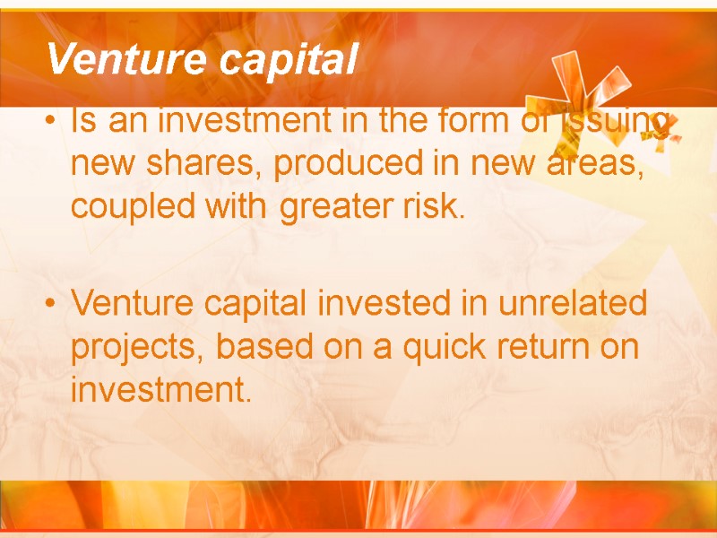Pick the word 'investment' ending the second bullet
157,390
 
